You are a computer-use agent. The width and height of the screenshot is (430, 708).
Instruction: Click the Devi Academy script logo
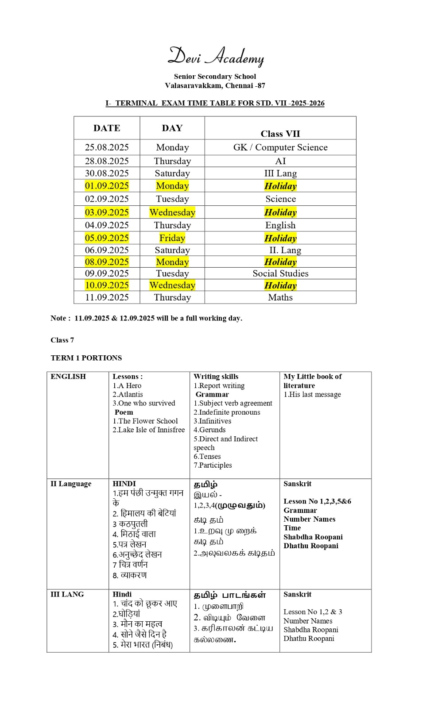point(216,57)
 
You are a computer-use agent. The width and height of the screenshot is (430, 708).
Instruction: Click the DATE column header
point(107,128)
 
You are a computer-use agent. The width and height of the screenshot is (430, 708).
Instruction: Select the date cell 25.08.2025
point(107,147)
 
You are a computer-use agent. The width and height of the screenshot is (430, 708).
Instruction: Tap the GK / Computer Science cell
point(280,147)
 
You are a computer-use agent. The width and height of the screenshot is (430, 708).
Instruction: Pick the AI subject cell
point(280,161)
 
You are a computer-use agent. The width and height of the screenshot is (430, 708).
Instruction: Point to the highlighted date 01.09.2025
point(107,186)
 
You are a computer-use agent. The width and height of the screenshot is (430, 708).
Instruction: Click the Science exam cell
point(280,199)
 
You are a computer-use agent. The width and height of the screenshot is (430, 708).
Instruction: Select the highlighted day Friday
point(172,238)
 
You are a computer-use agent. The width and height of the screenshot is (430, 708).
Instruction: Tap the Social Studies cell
point(280,273)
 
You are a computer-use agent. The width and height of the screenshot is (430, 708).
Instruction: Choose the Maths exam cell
point(280,297)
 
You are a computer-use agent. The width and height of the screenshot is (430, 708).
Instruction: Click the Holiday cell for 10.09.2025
point(280,285)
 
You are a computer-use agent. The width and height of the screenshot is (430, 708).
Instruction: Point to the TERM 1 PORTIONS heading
point(86,358)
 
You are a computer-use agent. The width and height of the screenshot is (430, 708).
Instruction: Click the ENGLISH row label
point(68,377)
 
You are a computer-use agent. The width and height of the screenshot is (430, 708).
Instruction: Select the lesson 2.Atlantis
point(128,394)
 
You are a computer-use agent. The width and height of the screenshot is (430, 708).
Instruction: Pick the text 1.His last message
point(312,394)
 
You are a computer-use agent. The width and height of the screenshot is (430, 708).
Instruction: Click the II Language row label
point(71,484)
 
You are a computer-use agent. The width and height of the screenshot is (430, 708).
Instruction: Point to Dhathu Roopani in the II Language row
point(311,546)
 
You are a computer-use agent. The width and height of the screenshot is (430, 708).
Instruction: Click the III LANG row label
point(67,594)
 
